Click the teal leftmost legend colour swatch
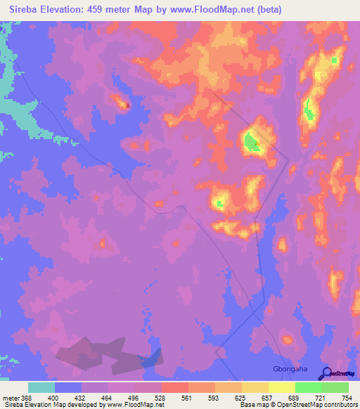[x=41, y=387]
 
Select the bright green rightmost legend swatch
[x=335, y=387]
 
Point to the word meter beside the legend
[x=10, y=397]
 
